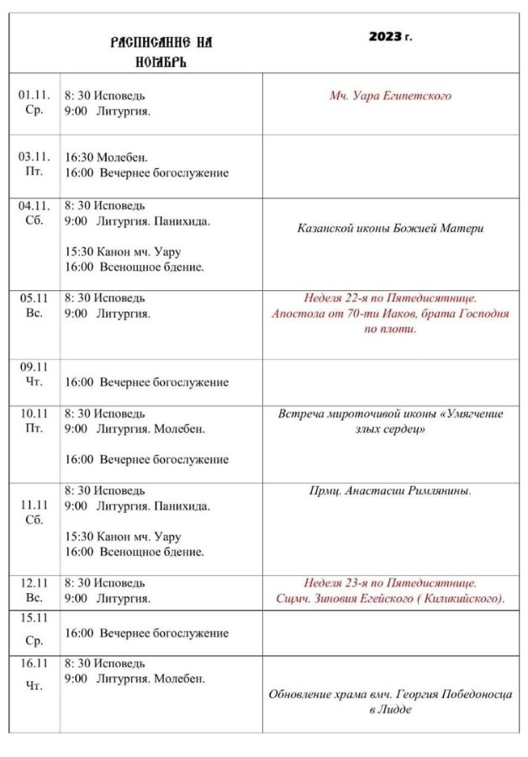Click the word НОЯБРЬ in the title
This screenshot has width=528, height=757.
coord(161,61)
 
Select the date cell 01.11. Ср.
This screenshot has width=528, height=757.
coord(34,103)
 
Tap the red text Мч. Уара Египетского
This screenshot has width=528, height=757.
coord(390,96)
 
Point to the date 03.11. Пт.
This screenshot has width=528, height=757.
coord(34,164)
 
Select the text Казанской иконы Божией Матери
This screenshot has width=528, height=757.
coord(390,228)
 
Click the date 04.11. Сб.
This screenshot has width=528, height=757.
coord(34,213)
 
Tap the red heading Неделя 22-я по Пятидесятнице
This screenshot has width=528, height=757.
coord(390,298)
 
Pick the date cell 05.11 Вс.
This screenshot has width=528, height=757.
coord(34,306)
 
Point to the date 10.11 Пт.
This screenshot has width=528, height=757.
coord(34,421)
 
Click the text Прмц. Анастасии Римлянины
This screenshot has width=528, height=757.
coord(390,490)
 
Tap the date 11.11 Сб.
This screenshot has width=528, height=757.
coord(34,512)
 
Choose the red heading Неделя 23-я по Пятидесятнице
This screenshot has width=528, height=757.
coord(390,582)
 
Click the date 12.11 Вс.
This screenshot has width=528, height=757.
coord(34,590)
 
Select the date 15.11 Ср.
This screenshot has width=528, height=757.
coord(34,628)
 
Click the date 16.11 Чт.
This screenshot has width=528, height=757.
coord(34,674)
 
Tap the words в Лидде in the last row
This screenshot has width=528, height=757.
coord(390,710)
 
